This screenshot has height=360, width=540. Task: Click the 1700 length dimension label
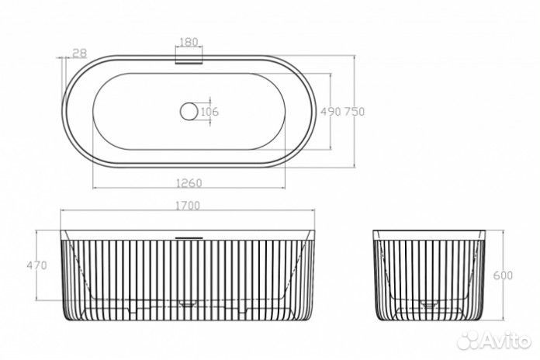pyautogui.click(x=188, y=206)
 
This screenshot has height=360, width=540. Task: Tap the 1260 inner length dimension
pyautogui.click(x=189, y=183)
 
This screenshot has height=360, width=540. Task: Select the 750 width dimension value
pyautogui.click(x=354, y=112)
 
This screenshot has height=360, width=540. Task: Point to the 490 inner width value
pyautogui.click(x=331, y=112)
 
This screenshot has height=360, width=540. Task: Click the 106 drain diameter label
pyautogui.click(x=209, y=112)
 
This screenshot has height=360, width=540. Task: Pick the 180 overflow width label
pyautogui.click(x=189, y=42)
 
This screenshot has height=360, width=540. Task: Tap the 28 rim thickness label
pyautogui.click(x=80, y=53)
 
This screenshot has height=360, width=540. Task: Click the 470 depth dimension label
pyautogui.click(x=36, y=265)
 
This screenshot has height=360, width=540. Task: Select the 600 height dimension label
pyautogui.click(x=504, y=275)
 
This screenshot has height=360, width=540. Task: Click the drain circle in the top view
pyautogui.click(x=189, y=112)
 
